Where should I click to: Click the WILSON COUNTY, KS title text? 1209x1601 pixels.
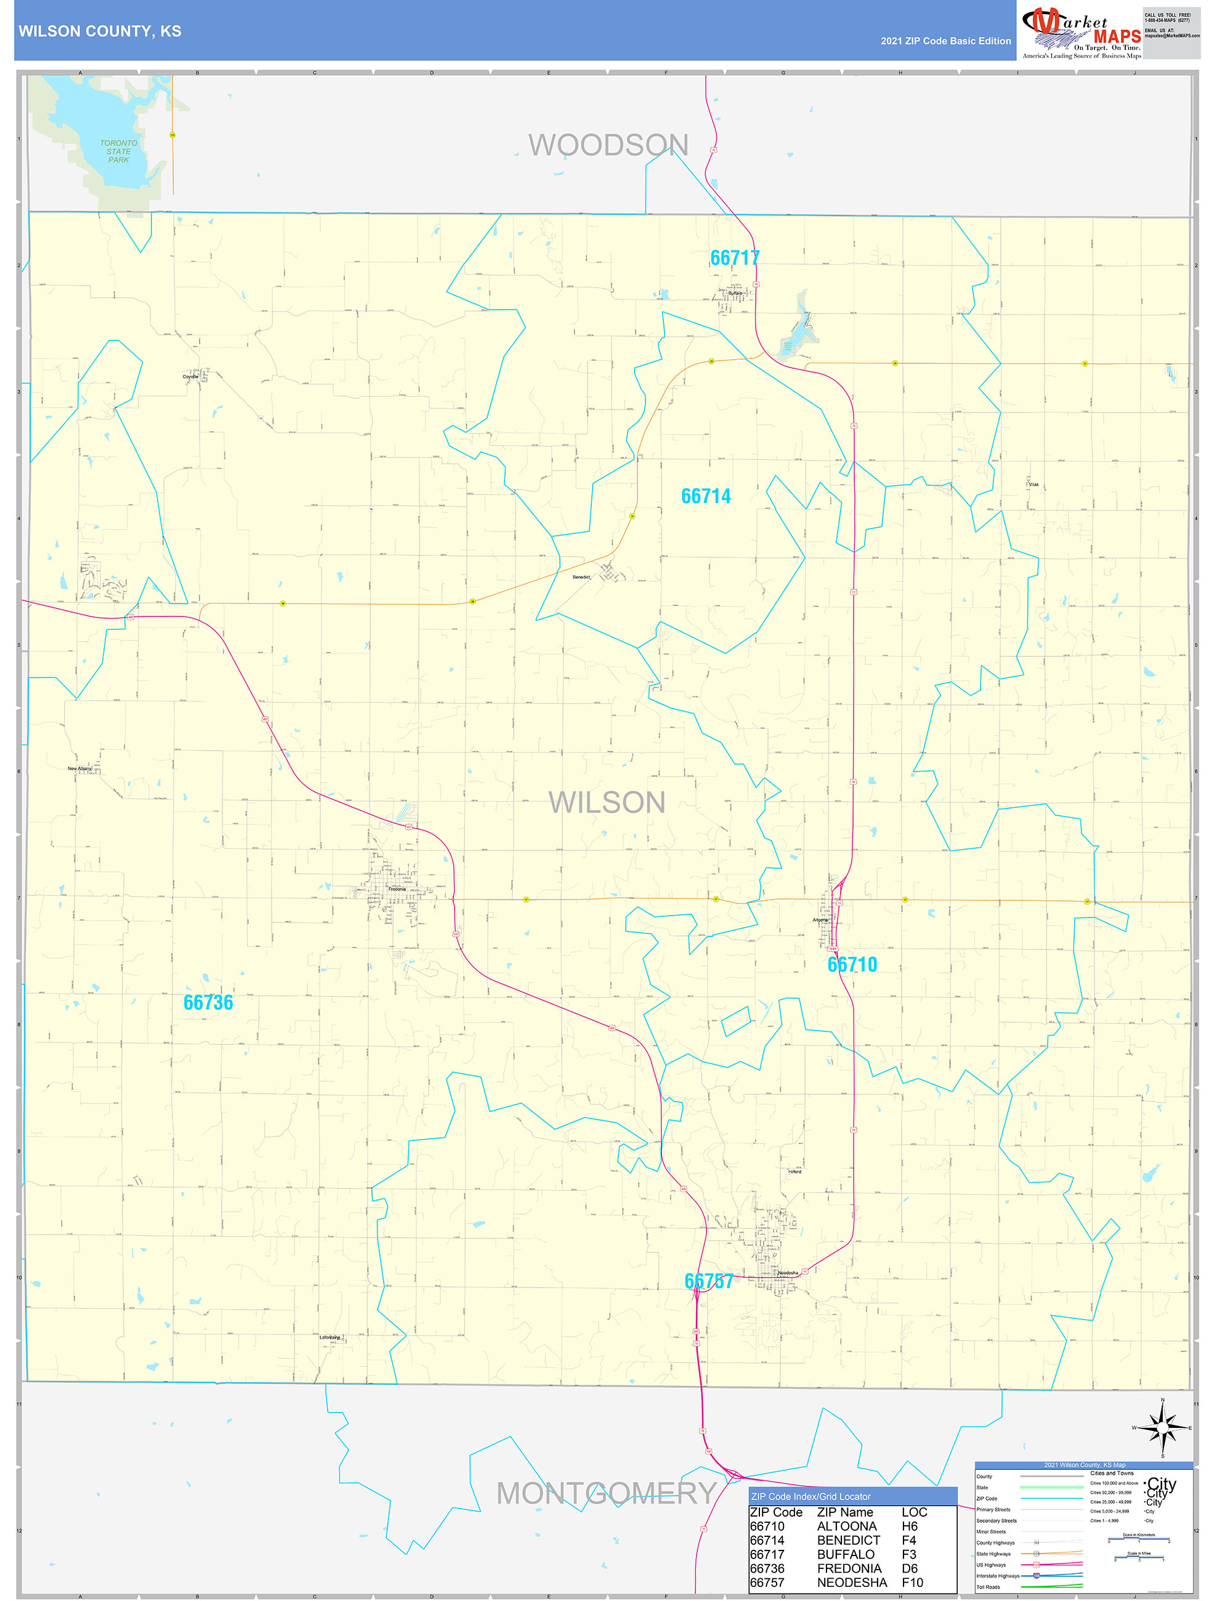click(100, 31)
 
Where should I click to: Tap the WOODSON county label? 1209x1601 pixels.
click(607, 145)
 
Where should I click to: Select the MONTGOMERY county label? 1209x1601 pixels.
click(606, 1493)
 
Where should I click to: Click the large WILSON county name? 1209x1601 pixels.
click(607, 803)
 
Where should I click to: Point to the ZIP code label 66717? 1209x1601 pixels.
click(734, 257)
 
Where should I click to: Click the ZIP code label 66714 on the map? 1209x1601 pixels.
click(705, 496)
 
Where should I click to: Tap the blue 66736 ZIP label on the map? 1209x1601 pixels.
click(208, 1002)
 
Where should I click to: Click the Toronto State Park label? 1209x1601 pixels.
click(118, 151)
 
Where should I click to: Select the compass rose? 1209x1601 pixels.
click(1162, 1428)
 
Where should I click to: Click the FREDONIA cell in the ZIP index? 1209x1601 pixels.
click(849, 1568)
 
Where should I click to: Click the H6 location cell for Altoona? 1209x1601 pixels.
click(909, 1526)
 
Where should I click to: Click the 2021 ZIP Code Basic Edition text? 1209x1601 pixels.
click(945, 41)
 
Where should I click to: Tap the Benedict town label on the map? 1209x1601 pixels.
click(581, 577)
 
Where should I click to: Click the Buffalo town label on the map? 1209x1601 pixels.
click(735, 293)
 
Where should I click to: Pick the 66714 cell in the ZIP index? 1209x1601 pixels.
click(767, 1540)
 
